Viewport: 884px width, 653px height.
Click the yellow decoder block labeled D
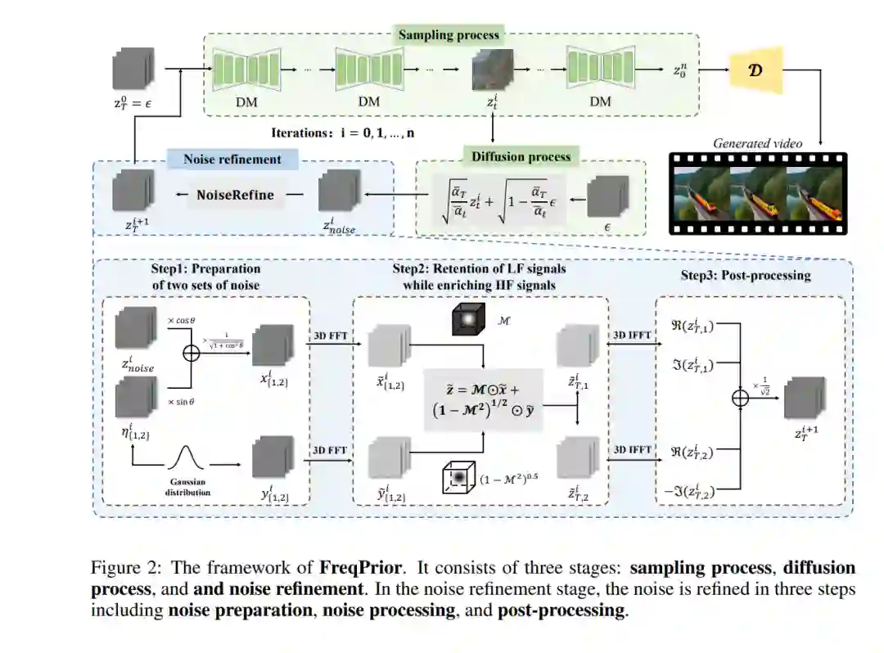[x=755, y=71]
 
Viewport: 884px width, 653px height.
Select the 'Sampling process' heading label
[x=449, y=35]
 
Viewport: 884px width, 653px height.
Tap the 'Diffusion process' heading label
[x=521, y=155]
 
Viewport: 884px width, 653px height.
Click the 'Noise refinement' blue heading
[x=232, y=160]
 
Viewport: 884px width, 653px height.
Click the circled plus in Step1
[x=192, y=353]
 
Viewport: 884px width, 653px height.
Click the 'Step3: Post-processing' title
[x=745, y=275]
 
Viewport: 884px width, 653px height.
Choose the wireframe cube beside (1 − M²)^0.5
[x=458, y=478]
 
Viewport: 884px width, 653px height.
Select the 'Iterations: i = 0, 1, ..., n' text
[x=348, y=132]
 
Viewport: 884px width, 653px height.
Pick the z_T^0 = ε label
[x=131, y=103]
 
